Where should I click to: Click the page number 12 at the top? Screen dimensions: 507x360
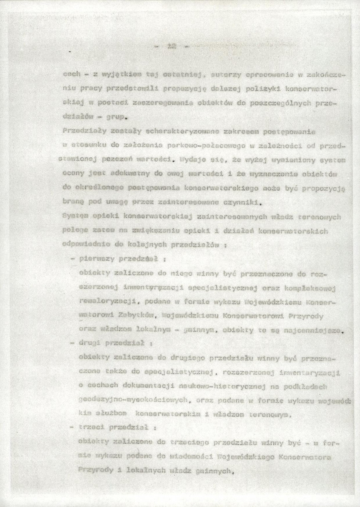[171, 47]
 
